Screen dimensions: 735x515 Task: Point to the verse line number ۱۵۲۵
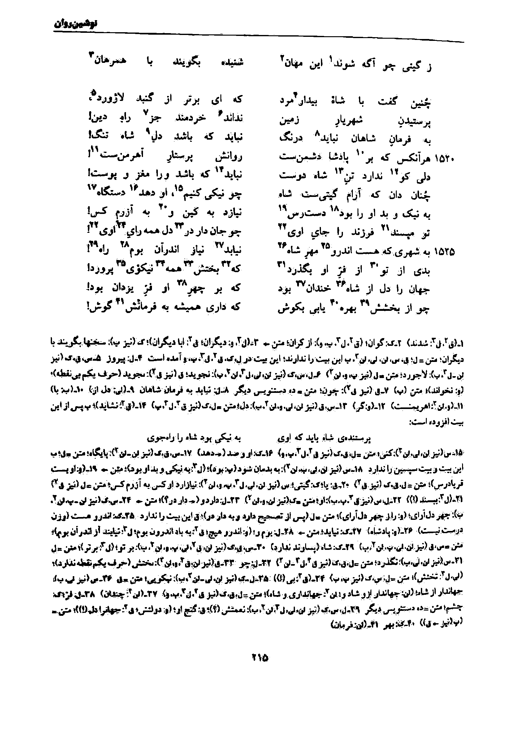click(445, 252)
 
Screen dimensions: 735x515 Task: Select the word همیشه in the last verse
click(187, 308)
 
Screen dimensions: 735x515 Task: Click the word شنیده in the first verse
click(230, 62)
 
